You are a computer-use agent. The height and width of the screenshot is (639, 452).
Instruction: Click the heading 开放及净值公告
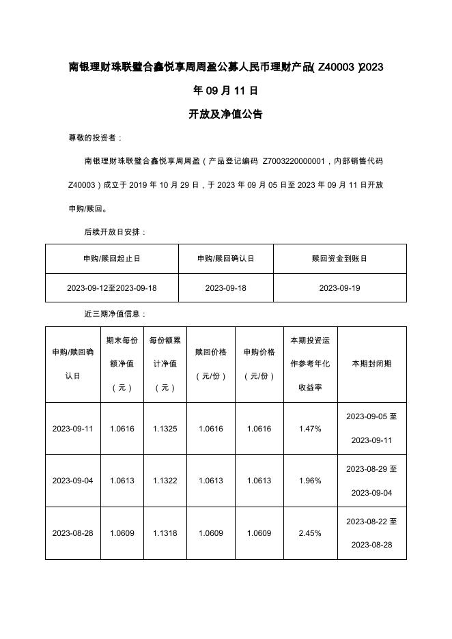225,114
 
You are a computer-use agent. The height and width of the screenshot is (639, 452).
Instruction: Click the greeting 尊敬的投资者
95,138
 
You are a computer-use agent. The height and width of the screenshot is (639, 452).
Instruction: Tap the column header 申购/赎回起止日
112,259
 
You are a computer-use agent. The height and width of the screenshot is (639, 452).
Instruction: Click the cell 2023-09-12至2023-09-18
112,288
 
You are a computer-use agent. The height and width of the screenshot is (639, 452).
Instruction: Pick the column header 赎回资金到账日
339,259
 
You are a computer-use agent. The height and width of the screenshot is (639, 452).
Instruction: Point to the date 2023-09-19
339,288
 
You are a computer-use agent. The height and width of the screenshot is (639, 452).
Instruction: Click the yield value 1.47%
310,429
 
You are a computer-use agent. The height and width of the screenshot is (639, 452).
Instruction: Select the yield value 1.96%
310,481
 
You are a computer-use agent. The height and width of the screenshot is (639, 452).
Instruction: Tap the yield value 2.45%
310,533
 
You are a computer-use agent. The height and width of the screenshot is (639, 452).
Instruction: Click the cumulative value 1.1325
165,429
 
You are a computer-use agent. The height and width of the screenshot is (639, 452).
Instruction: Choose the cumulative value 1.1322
165,481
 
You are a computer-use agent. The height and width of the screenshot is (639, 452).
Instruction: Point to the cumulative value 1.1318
165,533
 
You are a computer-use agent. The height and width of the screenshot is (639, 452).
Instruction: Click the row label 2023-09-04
72,481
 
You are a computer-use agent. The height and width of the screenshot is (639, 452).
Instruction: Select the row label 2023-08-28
72,533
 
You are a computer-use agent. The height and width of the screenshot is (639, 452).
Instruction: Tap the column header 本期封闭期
371,364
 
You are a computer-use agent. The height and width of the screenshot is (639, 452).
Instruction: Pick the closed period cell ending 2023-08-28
371,533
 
